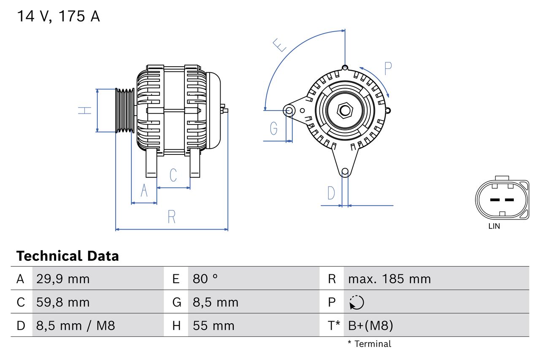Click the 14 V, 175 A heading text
click(58, 16)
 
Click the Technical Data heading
click(67, 256)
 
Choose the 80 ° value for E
click(205, 279)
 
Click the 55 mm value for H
click(213, 325)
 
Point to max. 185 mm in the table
click(389, 279)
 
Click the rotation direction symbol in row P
click(356, 302)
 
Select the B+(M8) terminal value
click(370, 325)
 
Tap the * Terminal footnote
click(369, 344)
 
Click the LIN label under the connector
click(494, 226)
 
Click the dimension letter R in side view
click(171, 217)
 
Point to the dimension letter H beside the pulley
click(85, 111)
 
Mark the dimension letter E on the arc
click(280, 45)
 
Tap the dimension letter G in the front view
click(274, 127)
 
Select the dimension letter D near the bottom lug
click(331, 193)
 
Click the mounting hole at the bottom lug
click(345, 171)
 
